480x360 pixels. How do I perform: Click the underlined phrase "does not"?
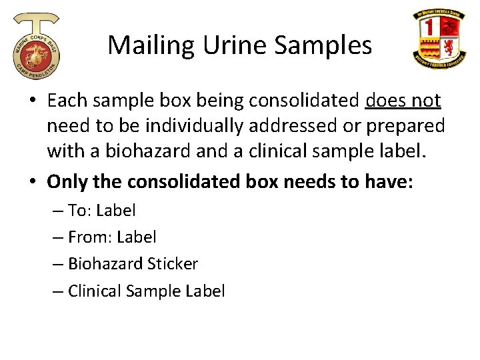403,101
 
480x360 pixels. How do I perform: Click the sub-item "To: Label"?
101,211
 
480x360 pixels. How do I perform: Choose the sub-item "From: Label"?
112,237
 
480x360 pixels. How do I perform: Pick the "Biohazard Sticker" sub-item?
133,264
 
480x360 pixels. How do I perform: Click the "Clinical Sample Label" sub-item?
146,291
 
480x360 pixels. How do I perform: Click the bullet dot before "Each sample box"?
32,101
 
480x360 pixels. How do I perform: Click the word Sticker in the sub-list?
174,264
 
